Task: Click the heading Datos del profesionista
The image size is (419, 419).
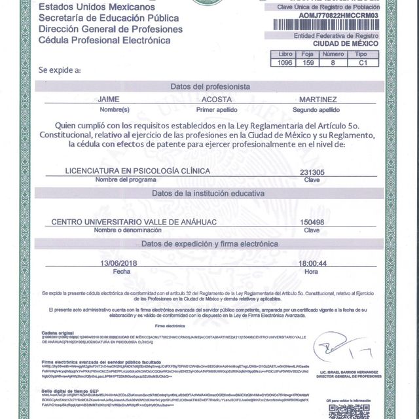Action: click(209, 86)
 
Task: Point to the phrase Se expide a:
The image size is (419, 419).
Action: click(60, 69)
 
